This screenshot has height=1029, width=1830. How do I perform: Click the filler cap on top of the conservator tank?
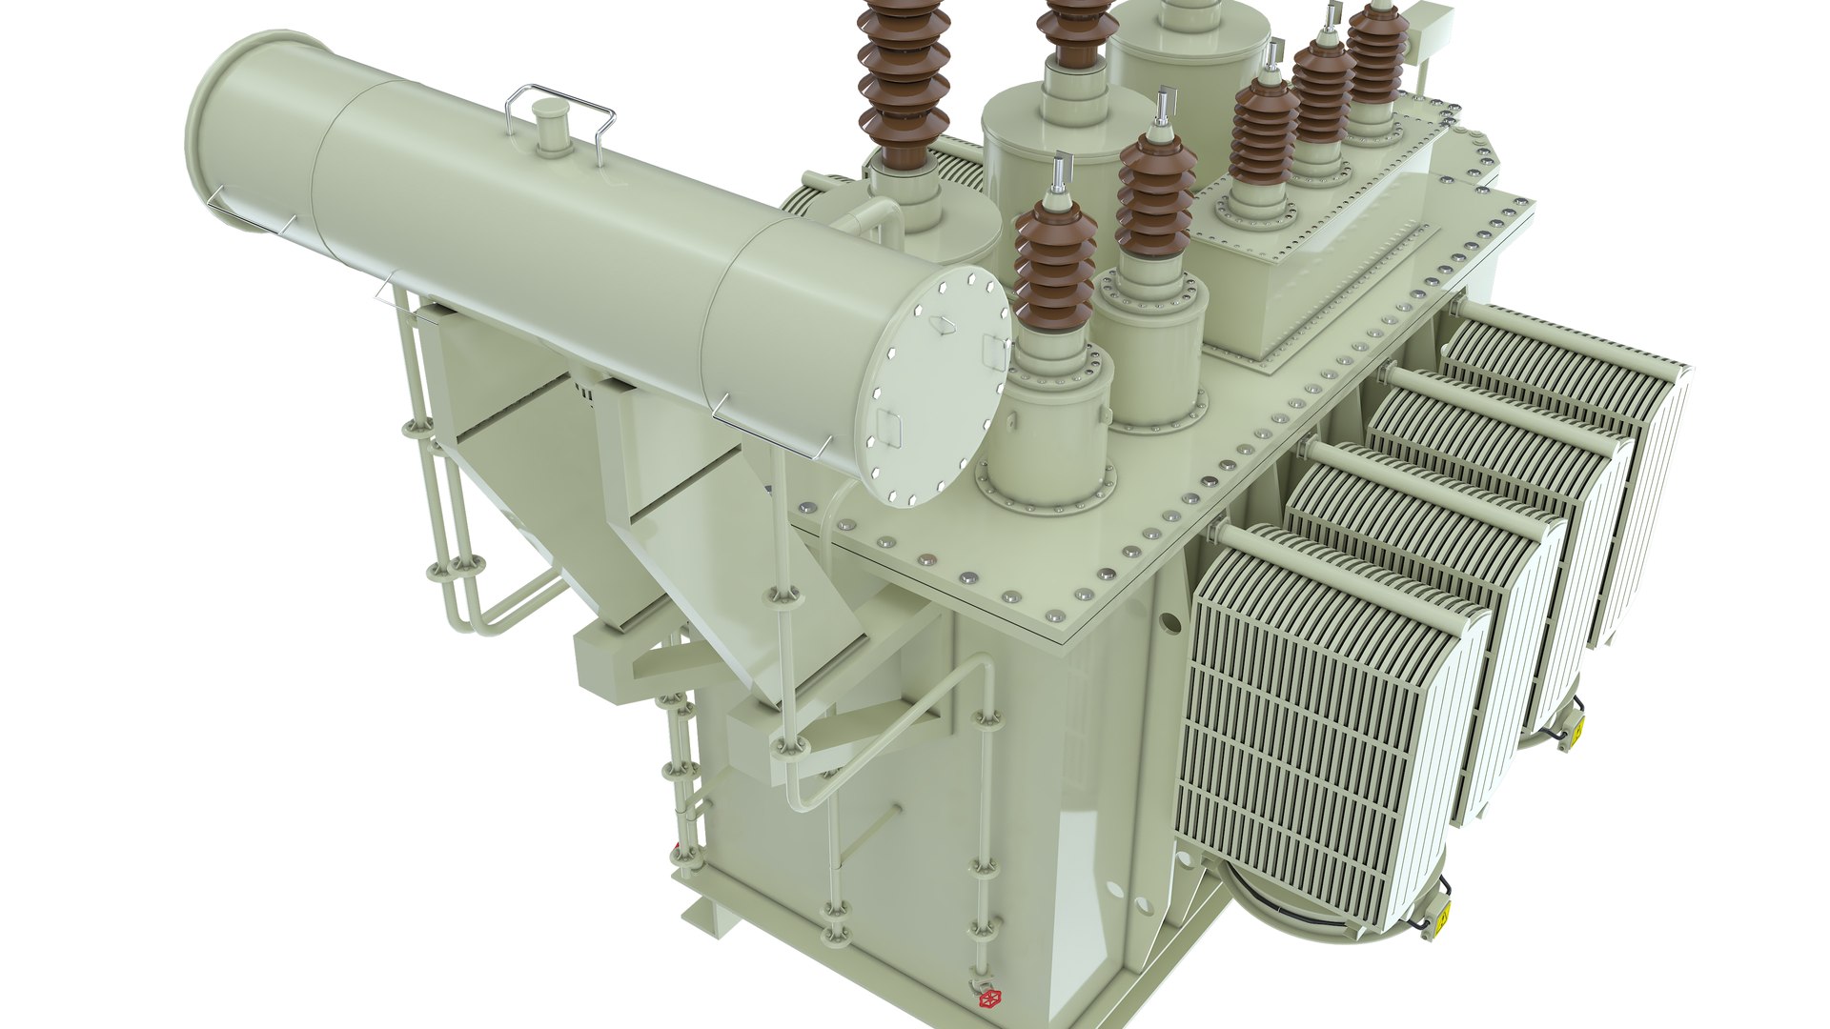click(x=548, y=123)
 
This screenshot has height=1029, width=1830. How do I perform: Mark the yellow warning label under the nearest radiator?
click(x=1442, y=919)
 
